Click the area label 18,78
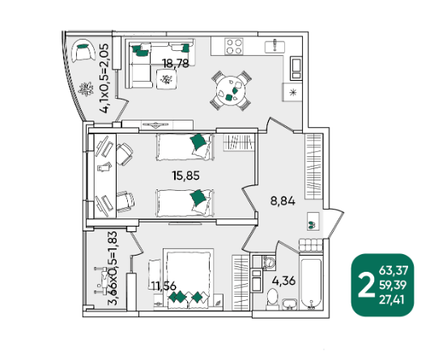(x=176, y=63)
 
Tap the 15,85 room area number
(x=185, y=176)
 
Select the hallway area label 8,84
(x=283, y=201)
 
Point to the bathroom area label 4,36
(x=283, y=281)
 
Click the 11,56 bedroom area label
(x=164, y=286)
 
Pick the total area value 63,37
(x=394, y=270)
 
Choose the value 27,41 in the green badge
(x=392, y=299)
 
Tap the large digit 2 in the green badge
(x=367, y=285)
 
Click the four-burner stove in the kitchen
(x=234, y=46)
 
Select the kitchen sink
(x=274, y=46)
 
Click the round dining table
(x=231, y=91)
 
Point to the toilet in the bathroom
(x=273, y=299)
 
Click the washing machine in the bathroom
(x=269, y=262)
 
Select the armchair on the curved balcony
(x=83, y=51)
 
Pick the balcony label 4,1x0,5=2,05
(x=105, y=78)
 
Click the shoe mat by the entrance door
(x=313, y=221)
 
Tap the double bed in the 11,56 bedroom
(x=188, y=279)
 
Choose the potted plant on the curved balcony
(x=86, y=89)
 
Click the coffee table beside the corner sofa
(x=167, y=79)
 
